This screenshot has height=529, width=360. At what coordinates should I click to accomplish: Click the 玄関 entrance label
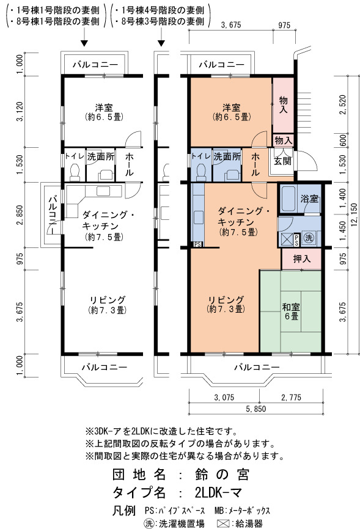coord(282,161)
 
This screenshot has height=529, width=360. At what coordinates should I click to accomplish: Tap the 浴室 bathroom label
coord(309,199)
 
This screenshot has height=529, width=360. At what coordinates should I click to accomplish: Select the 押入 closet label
coord(301,259)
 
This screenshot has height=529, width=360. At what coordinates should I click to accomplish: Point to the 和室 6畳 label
coord(291,312)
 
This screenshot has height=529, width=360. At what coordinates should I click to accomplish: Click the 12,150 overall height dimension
coord(354,215)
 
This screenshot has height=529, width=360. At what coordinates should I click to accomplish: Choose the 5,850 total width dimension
coord(255,409)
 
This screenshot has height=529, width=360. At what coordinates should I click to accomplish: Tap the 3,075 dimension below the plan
coord(224,398)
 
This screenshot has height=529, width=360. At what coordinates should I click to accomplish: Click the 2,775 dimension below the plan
coord(291,398)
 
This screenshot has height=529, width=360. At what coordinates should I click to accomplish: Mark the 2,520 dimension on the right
coord(343,104)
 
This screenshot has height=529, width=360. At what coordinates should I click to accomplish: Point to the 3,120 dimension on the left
coord(21,112)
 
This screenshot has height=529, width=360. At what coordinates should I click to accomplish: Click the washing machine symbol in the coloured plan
coord(309,238)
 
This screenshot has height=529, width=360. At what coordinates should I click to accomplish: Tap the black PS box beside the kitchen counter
coord(197,244)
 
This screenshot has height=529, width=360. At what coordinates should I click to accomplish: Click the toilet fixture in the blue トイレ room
coord(201,172)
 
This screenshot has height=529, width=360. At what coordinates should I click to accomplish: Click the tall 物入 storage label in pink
coord(283,104)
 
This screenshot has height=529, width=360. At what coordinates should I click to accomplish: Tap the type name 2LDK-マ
coord(218,493)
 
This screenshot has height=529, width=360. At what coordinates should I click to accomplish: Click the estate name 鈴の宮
coord(222,475)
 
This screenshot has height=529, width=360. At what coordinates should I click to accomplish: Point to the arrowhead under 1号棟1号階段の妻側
coord(84,43)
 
